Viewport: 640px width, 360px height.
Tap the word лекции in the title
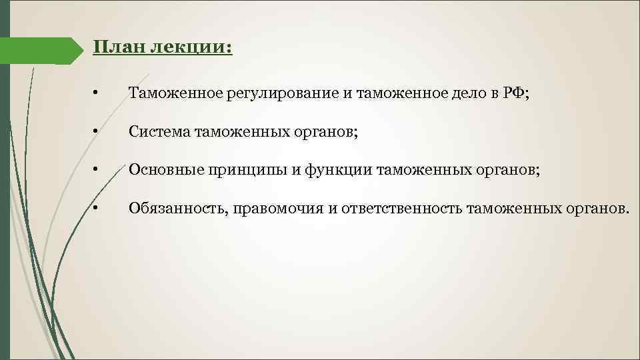click(191, 48)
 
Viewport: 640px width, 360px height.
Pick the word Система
click(159, 132)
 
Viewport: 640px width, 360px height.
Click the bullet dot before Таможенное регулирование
click(97, 94)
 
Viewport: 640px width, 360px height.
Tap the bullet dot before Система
click(97, 132)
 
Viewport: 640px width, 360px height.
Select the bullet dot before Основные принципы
click(97, 171)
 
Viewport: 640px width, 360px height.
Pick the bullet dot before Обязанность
click(97, 209)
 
